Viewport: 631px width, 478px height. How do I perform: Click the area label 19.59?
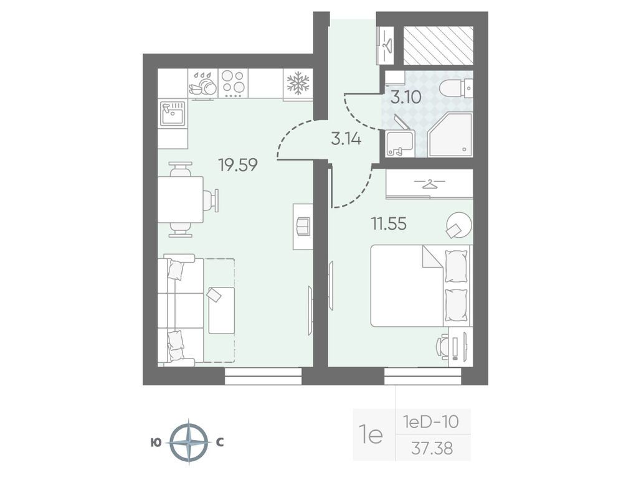(x=238, y=165)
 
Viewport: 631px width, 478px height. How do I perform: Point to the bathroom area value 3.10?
(x=406, y=97)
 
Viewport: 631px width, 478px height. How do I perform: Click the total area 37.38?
(x=432, y=448)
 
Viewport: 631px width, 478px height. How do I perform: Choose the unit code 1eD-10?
(x=431, y=422)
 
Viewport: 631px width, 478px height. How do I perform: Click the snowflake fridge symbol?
(x=298, y=83)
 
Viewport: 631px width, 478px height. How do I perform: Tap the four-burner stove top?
(x=233, y=83)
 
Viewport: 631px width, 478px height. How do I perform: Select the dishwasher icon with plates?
(x=203, y=83)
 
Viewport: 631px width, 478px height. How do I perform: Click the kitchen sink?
(x=173, y=113)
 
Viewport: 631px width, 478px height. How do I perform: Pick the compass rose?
(x=189, y=443)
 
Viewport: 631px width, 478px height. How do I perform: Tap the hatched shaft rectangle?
(x=439, y=45)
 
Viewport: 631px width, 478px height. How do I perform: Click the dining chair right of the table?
(x=212, y=200)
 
